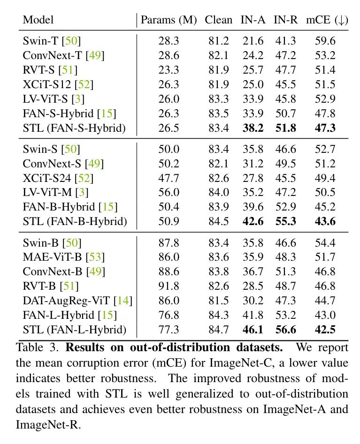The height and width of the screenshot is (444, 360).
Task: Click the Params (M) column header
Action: coord(169,20)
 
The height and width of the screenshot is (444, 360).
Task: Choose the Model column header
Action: coord(38,20)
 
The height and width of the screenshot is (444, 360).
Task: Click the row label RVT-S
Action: coord(39,70)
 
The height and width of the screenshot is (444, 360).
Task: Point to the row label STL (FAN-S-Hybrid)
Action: coord(74,128)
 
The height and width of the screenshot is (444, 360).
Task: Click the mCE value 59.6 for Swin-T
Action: coord(324,42)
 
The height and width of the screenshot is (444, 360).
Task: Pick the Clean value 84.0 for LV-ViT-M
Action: coord(218,192)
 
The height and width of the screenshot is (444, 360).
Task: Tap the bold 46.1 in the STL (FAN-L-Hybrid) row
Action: coord(253,330)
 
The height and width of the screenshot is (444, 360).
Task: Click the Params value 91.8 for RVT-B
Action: coord(169,286)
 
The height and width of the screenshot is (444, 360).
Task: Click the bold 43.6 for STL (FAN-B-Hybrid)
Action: coord(324,221)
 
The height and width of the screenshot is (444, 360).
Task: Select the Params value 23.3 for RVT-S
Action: coord(169,70)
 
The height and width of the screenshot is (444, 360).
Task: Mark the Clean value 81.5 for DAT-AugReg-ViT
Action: coord(218,301)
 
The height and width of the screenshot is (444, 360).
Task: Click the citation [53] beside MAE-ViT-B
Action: coord(95,257)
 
